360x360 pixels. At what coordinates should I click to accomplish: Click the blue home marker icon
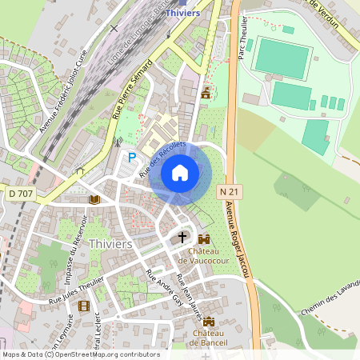[180, 172]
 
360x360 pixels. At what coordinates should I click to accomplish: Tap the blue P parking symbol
[132, 158]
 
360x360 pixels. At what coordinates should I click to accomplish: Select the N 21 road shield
[227, 192]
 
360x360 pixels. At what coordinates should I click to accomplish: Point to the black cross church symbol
[182, 238]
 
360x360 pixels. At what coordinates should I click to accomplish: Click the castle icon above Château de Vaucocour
[203, 238]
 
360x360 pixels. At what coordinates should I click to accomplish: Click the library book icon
[94, 198]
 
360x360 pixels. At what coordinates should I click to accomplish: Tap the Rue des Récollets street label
[162, 158]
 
